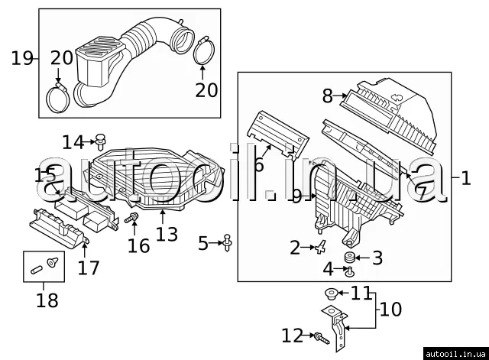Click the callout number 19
click(x=22, y=58)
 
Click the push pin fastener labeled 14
click(x=100, y=142)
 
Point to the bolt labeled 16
click(x=131, y=217)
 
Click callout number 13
click(x=167, y=234)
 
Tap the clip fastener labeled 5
click(x=228, y=243)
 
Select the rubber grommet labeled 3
click(x=349, y=258)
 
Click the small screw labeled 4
click(x=351, y=272)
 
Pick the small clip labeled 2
click(x=320, y=247)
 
